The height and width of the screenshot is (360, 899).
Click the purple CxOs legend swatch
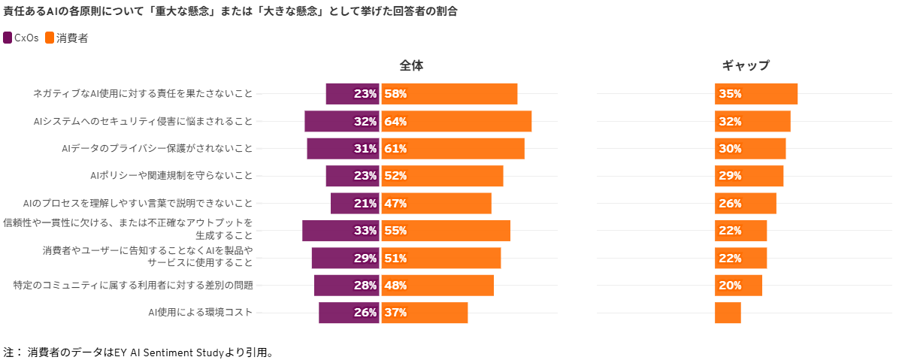pyautogui.click(x=8, y=38)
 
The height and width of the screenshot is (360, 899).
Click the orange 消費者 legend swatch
pyautogui.click(x=50, y=38)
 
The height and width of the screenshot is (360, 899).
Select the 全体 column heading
pyautogui.click(x=411, y=65)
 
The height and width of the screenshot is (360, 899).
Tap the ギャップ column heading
pyautogui.click(x=746, y=65)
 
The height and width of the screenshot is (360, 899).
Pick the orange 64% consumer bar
pyautogui.click(x=456, y=121)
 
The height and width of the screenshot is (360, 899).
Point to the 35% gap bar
pyautogui.click(x=755, y=94)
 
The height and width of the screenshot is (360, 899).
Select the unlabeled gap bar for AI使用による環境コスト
pyautogui.click(x=728, y=313)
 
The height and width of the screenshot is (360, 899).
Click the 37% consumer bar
pyautogui.click(x=425, y=313)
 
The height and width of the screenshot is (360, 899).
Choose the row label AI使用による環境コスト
pyautogui.click(x=201, y=313)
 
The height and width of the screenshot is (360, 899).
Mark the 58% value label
pyautogui.click(x=395, y=94)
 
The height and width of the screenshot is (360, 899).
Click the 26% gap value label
pyautogui.click(x=730, y=204)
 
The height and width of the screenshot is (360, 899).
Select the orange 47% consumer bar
pyautogui.click(x=436, y=204)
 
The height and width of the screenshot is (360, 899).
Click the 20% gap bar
pyautogui.click(x=738, y=286)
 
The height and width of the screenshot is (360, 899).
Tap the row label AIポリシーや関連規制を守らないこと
pyautogui.click(x=171, y=176)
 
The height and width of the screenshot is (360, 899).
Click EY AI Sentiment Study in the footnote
pyautogui.click(x=168, y=352)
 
